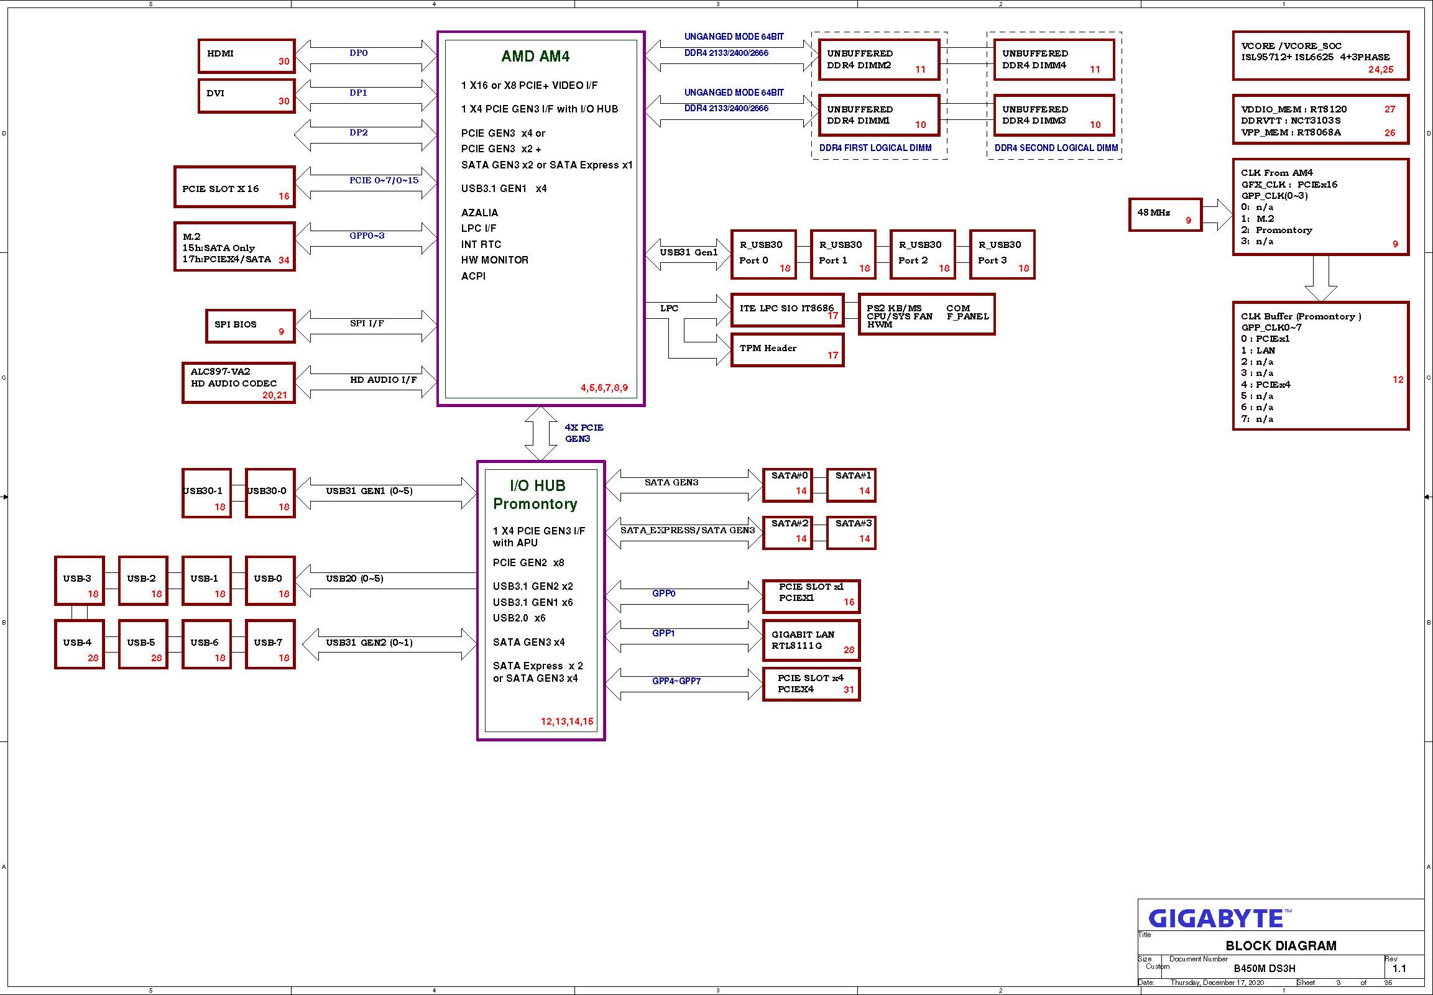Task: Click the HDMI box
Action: coord(246,56)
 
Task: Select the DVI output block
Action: coord(246,95)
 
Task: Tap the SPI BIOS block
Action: coord(250,326)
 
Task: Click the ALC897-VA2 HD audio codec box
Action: coord(238,383)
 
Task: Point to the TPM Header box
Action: coord(787,350)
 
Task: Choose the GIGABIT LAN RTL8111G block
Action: coord(811,640)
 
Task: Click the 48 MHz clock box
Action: coord(1165,215)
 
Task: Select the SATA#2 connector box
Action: coord(788,533)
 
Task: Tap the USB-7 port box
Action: coord(270,644)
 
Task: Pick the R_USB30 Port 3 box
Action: coord(1002,254)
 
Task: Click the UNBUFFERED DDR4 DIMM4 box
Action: coord(1054,60)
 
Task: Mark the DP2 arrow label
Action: coord(359,132)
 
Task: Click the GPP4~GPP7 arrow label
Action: coord(676,681)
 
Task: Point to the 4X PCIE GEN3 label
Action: coord(584,433)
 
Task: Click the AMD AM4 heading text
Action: coord(535,57)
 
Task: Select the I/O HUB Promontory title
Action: coord(536,495)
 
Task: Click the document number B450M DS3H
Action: coord(1264,968)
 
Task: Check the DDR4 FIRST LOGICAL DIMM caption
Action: coord(875,149)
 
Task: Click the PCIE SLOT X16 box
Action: coord(234,187)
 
